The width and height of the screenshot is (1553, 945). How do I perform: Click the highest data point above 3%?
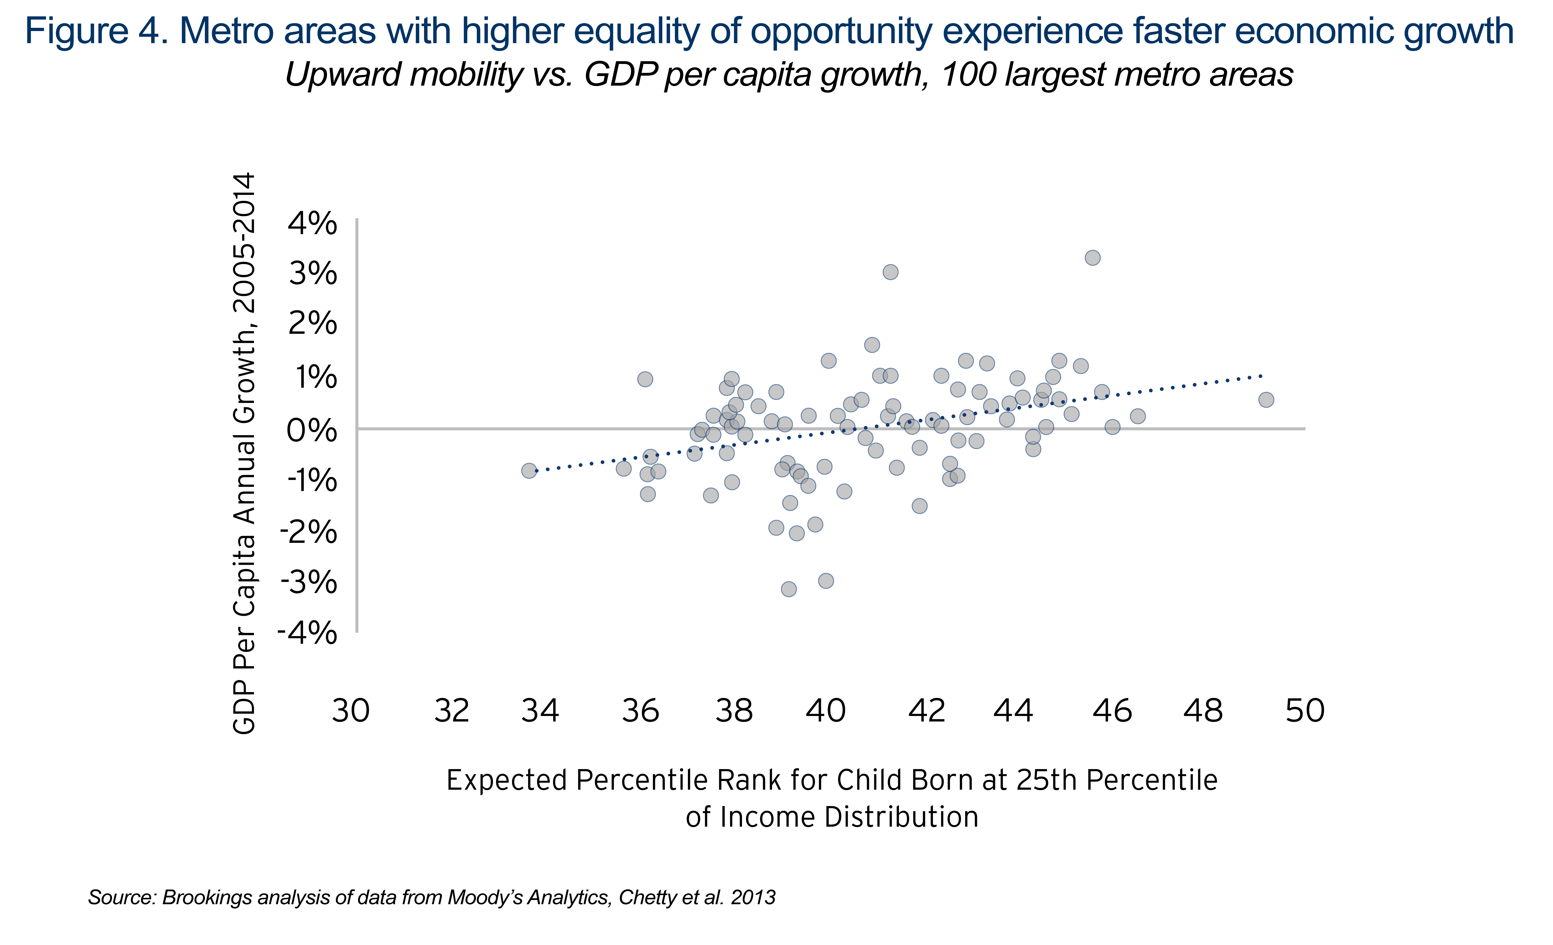tap(1092, 258)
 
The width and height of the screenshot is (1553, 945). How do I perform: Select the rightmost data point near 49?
tap(1266, 399)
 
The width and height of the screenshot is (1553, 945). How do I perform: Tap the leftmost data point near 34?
tap(529, 471)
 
